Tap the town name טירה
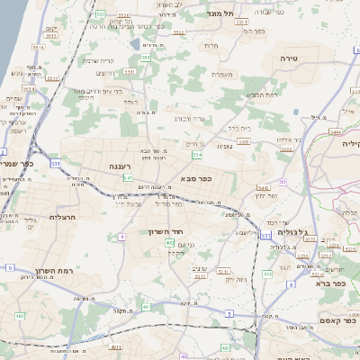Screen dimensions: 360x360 point(301,58)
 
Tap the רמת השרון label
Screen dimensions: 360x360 point(55,271)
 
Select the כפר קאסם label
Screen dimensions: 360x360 point(337,320)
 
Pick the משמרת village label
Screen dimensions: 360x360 point(222,74)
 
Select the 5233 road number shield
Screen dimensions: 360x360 point(179,32)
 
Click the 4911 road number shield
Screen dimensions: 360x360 point(114,346)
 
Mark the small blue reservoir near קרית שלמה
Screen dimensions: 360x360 point(134,44)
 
